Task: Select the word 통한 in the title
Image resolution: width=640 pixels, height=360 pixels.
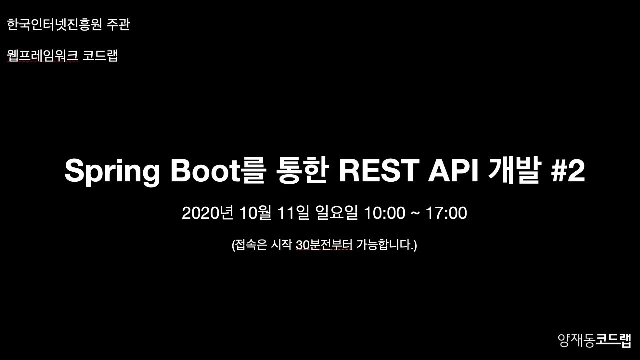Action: point(301,171)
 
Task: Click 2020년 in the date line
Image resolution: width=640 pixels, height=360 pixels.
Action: point(207,213)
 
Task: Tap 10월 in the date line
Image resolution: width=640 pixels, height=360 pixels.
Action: point(255,213)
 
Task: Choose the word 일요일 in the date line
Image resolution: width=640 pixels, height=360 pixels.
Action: point(337,213)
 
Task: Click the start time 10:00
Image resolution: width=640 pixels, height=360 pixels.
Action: point(384,213)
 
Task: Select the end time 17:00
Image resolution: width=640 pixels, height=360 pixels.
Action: point(446,213)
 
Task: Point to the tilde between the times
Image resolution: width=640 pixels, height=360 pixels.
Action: point(415,214)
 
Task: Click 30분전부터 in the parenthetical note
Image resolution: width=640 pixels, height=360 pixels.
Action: point(324,245)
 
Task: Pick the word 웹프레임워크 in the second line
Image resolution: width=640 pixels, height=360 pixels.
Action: point(43,55)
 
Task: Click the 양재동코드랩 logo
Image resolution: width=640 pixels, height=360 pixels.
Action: point(594,340)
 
